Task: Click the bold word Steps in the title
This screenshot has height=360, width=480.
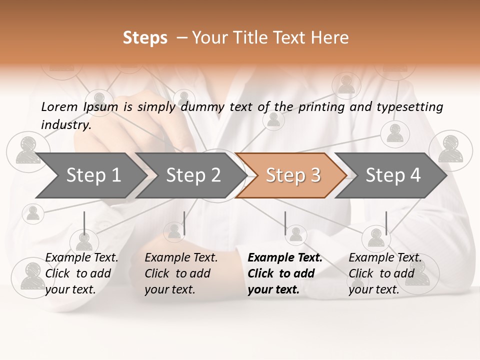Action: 145,38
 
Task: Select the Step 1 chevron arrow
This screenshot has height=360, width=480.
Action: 90,175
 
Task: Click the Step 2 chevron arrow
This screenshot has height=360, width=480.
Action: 190,175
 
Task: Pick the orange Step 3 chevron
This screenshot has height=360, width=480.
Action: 290,175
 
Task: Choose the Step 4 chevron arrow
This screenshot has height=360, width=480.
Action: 390,175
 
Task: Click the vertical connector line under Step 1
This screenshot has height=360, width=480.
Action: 84,223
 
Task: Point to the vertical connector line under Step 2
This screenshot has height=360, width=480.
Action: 184,223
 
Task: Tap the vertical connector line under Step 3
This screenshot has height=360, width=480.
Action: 285,223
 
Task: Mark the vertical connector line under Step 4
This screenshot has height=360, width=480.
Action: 386,223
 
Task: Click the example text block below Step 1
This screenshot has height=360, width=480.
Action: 81,273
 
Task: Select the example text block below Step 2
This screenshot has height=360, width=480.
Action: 181,273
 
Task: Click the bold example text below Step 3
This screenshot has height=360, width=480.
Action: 285,273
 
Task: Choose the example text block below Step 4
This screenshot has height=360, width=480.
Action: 385,273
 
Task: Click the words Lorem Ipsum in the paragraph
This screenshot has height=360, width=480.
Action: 79,107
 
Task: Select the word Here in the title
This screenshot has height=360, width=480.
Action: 332,38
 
